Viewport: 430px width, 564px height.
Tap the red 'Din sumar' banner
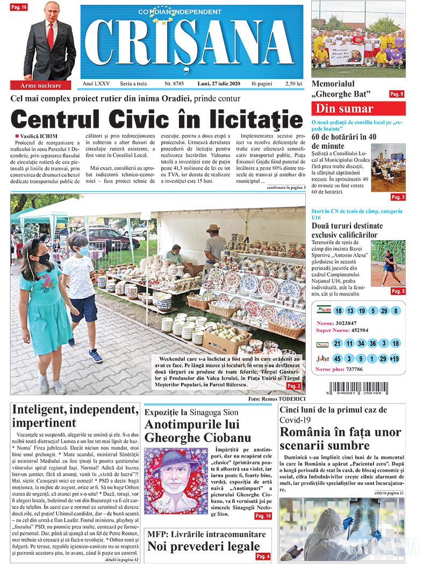(359, 109)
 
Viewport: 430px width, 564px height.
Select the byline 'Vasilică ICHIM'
(37, 136)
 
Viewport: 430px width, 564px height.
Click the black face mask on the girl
(43, 258)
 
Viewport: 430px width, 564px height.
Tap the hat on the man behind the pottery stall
(213, 228)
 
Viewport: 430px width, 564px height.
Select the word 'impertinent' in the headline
(45, 423)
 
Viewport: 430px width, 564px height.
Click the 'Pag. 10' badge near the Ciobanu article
(262, 516)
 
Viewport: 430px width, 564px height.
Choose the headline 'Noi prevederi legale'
(204, 547)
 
